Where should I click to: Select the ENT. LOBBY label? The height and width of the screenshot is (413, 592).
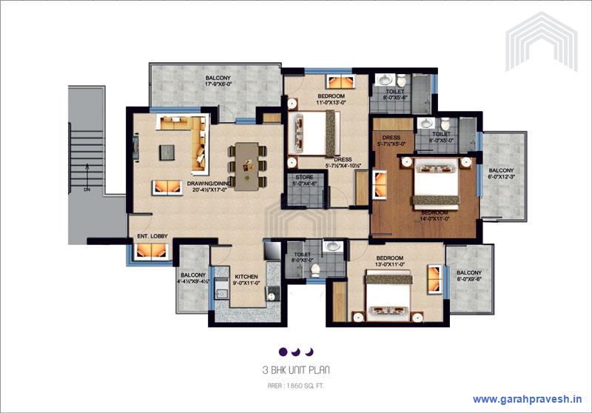pos(152,237)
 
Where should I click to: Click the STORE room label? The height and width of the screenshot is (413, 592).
pos(304,178)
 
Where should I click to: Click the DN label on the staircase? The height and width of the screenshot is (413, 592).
pos(87,189)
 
